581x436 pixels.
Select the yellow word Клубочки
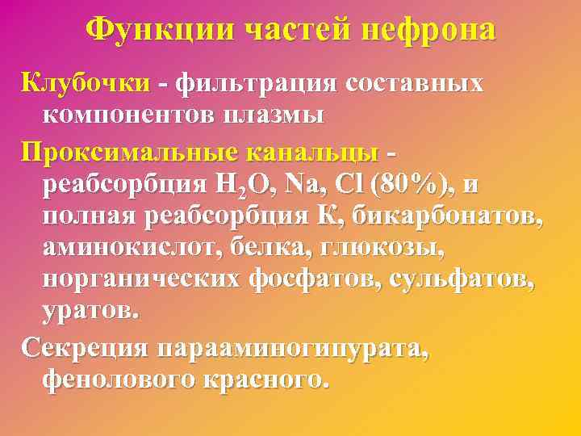coord(86,83)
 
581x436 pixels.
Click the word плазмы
coord(274,115)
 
